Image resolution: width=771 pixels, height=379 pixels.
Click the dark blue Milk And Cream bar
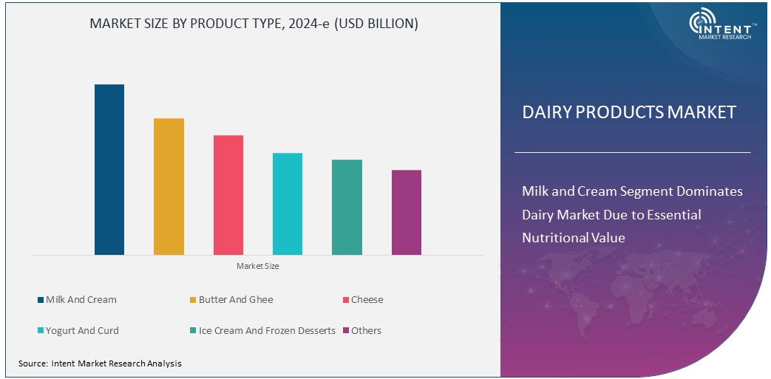[109, 169]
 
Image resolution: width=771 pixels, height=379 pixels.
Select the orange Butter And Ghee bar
[169, 186]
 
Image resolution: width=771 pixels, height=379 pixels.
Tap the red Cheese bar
[228, 195]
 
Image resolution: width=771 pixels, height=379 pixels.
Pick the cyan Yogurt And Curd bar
[288, 204]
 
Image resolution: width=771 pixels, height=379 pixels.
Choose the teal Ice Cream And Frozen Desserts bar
[347, 207]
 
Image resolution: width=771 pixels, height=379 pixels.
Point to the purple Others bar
[406, 212]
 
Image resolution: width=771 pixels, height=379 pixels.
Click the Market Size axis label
[257, 266]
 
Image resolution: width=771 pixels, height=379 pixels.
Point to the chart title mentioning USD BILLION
[254, 24]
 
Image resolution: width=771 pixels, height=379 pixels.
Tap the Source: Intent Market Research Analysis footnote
[100, 363]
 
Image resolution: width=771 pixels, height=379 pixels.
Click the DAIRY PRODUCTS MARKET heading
[629, 112]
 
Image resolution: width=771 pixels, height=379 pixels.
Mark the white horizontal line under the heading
[632, 152]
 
